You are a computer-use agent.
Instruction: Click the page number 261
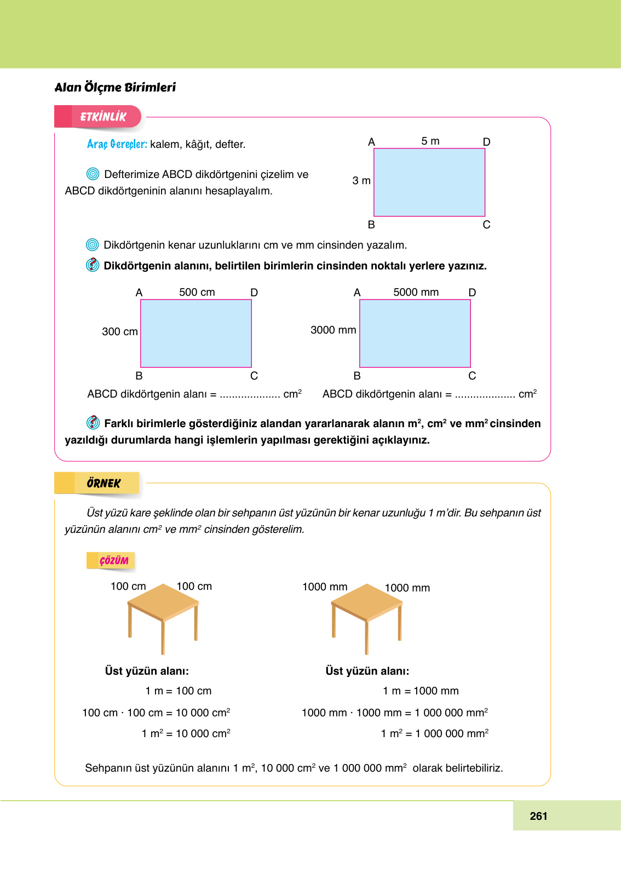coord(538,816)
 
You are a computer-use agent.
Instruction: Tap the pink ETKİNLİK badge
coord(102,117)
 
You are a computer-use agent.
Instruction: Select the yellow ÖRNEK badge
coord(103,483)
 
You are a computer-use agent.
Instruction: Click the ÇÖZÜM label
coord(113,560)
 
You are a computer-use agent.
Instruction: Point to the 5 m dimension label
coord(430,141)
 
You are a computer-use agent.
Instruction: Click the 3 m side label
coord(361,181)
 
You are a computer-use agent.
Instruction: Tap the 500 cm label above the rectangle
coord(197,292)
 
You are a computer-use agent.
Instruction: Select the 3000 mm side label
coord(333,330)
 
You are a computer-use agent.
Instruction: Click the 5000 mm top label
coord(416,292)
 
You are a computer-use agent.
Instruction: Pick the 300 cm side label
coord(119,332)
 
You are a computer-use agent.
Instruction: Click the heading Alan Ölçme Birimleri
coord(115,88)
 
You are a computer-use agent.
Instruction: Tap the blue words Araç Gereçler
coord(117,144)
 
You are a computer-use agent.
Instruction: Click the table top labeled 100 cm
coord(163,601)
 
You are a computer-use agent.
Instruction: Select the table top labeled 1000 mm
coord(367,601)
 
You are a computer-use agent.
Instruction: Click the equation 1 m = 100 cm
coord(178,691)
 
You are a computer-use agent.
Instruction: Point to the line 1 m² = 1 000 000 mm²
coord(434,734)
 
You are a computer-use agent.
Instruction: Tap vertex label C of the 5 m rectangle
coord(486,225)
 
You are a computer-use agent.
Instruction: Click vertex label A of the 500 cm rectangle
coord(139,292)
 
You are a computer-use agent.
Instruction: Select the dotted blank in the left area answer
coord(250,395)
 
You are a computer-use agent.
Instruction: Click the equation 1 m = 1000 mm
coord(421,691)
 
